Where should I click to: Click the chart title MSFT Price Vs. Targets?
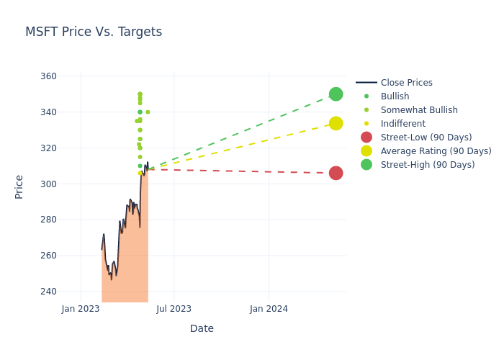(94, 32)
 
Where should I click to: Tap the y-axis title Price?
(19, 186)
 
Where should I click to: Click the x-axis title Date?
(202, 328)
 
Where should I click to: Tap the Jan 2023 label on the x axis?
(81, 309)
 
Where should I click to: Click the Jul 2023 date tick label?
(174, 309)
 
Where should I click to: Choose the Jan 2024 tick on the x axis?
(269, 309)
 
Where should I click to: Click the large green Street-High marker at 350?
(336, 94)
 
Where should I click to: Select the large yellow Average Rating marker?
(336, 124)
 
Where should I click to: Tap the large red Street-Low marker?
(336, 173)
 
